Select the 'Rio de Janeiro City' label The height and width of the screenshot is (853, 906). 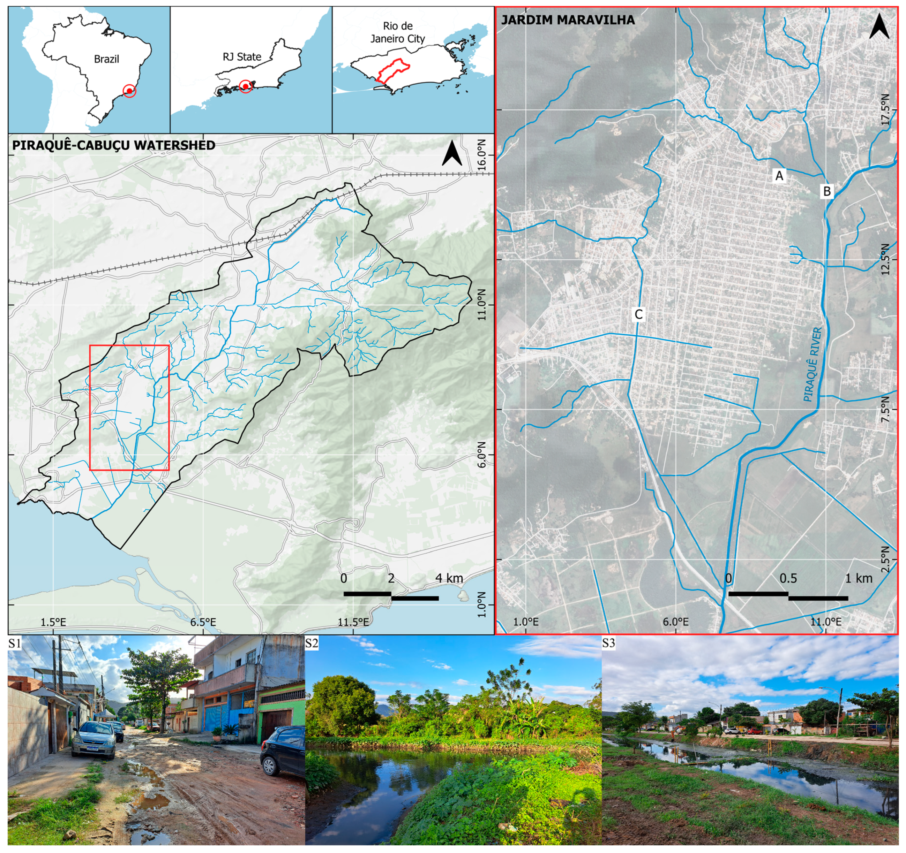coord(397,32)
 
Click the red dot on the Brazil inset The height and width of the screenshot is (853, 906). coord(129,91)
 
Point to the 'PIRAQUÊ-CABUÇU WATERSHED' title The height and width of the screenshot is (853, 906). coord(113,145)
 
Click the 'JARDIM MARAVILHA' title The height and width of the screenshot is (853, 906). coord(568,20)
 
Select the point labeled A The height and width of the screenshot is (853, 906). coord(779,175)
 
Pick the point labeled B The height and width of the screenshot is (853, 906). coord(827,191)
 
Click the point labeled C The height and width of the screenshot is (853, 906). coord(638,314)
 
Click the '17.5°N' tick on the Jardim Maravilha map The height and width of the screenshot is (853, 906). coord(885,109)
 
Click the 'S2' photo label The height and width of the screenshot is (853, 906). coord(312,643)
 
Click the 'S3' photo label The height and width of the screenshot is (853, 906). coord(609,643)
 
